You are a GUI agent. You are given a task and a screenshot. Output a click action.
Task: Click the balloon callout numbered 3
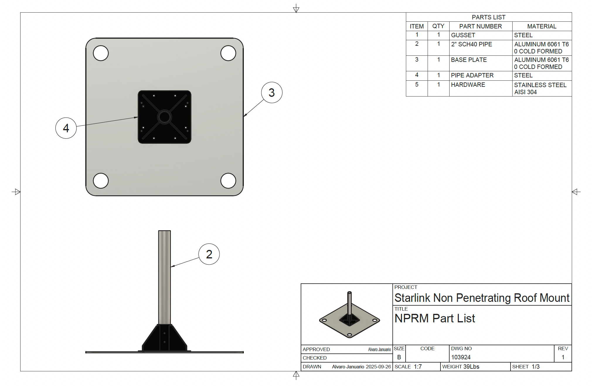(x=272, y=93)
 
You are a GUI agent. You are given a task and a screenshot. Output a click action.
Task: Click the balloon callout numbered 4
(x=66, y=128)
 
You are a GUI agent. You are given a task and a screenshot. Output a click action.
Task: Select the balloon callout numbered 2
(x=209, y=254)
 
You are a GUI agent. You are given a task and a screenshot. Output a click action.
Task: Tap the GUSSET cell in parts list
(x=463, y=35)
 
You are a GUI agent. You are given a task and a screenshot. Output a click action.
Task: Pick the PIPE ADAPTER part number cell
(x=472, y=75)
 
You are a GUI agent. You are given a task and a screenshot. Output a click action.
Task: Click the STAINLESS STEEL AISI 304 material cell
(x=540, y=88)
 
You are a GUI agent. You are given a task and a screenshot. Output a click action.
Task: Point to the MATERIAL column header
(x=542, y=26)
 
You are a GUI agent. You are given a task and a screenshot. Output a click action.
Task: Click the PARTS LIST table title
(x=489, y=17)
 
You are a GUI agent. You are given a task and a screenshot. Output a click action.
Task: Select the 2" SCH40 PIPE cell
(x=472, y=44)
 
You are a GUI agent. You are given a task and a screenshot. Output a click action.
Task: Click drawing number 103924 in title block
(x=461, y=357)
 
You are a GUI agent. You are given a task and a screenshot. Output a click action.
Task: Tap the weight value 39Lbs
(x=471, y=367)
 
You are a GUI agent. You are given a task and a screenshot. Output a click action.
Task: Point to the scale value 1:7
(x=418, y=367)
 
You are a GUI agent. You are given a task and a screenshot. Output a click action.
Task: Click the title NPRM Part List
(x=435, y=319)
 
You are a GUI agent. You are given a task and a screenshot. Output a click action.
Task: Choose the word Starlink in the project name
(x=412, y=298)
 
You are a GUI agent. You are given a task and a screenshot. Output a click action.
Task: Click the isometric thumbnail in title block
(x=349, y=315)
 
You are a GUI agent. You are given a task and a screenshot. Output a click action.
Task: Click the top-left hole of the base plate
(x=101, y=53)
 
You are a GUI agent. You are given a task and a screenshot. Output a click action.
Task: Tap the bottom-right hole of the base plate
(x=228, y=181)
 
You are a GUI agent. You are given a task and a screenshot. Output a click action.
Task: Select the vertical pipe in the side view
(x=164, y=276)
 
